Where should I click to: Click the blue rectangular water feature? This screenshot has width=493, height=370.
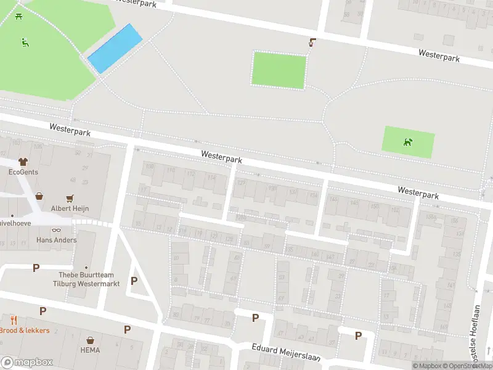(115, 48)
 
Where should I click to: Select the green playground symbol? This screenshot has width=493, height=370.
(25, 43)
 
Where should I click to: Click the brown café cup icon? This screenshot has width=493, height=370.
(312, 43)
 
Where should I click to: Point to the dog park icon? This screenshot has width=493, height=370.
(408, 142)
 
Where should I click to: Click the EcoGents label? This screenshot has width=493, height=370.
(23, 172)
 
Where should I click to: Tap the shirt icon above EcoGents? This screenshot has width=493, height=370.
(23, 162)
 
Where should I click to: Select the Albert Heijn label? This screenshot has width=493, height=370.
(70, 208)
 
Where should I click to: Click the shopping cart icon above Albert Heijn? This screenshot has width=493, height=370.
(70, 198)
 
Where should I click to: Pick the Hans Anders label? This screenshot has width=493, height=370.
(56, 240)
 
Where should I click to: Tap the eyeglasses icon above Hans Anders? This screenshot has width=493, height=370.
(56, 229)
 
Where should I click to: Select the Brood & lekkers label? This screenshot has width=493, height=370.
(25, 331)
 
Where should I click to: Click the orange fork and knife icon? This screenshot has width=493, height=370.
(13, 320)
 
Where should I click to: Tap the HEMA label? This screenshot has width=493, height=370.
(90, 350)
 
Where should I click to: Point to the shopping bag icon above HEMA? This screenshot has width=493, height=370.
(90, 340)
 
